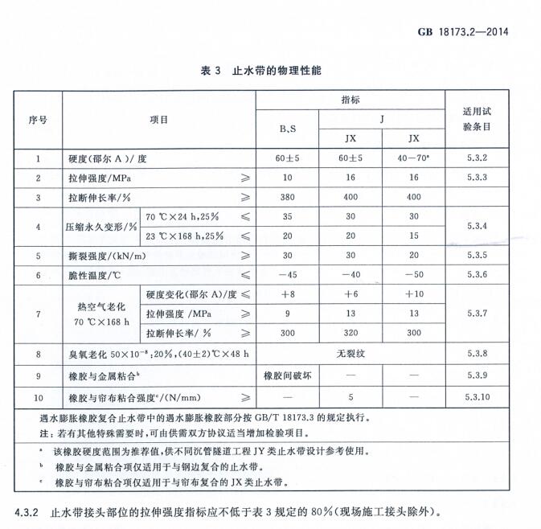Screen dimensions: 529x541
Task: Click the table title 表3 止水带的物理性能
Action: point(262,72)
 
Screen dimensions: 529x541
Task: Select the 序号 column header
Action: point(38,119)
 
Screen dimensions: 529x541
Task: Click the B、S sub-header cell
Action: point(287,129)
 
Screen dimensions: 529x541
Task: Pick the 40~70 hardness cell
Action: point(414,158)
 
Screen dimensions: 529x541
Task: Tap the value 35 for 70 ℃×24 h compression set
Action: point(287,216)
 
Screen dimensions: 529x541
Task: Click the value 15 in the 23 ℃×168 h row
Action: point(414,236)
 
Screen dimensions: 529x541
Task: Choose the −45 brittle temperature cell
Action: point(287,275)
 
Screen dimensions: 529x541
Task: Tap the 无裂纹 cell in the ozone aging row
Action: point(350,353)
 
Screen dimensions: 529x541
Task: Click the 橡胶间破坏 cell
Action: point(287,375)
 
